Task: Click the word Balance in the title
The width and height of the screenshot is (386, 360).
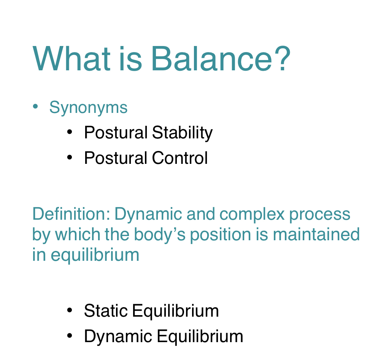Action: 212,59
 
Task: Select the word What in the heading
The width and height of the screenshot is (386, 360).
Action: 71,59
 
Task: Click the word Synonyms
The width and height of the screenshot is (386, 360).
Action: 88,108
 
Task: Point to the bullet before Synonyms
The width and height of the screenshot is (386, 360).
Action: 35,106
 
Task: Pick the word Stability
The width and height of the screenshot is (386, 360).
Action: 183,133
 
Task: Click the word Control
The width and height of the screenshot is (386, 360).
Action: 180,158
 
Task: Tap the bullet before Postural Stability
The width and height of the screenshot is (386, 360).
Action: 70,132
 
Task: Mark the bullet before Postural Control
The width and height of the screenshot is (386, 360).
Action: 70,157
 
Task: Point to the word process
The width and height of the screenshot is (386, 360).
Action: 319,215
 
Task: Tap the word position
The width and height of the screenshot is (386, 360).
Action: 221,235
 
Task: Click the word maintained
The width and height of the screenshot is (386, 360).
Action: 316,234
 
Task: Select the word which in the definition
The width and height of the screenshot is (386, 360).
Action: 78,234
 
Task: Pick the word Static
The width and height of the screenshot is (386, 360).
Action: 106,311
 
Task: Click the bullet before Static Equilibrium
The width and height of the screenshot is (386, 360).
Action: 70,310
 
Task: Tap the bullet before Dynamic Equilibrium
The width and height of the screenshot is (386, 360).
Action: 70,336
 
